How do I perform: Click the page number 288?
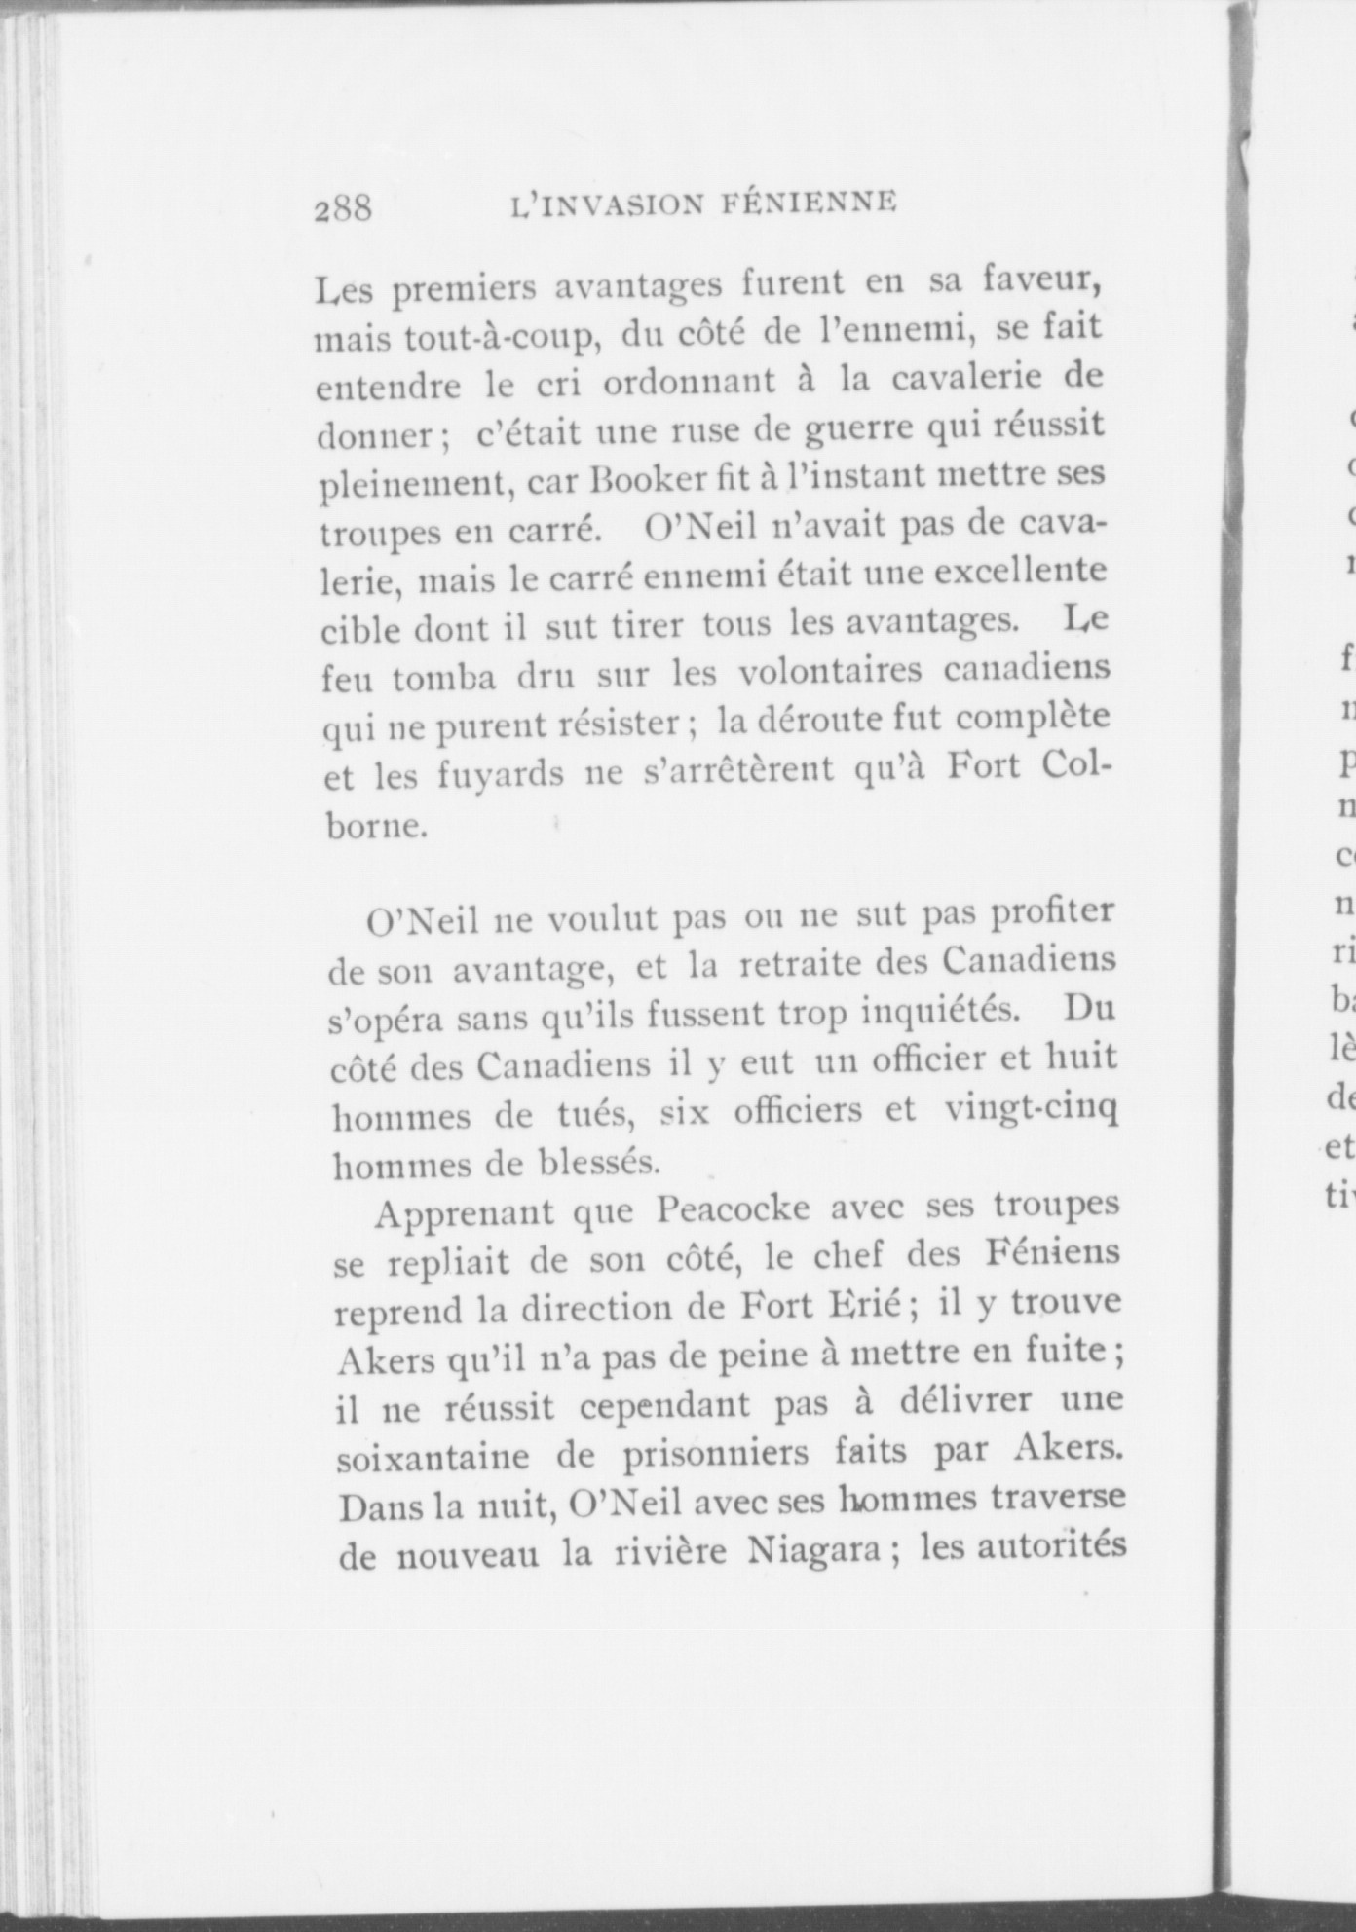point(343,206)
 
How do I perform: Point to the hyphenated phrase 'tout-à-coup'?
point(507,337)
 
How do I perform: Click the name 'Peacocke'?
point(733,1208)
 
